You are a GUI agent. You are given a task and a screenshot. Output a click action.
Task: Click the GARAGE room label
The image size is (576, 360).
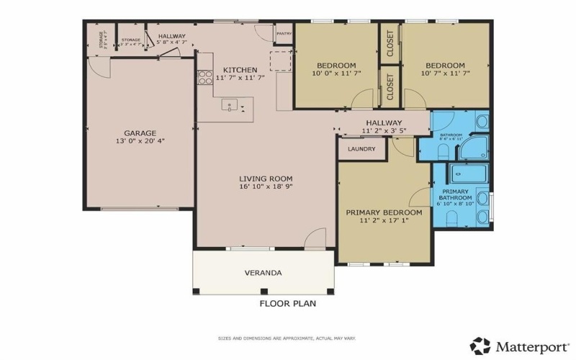(x=140, y=133)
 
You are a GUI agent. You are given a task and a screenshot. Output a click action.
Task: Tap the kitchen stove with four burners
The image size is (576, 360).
(x=204, y=78)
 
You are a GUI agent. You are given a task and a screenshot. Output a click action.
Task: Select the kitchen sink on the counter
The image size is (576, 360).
(x=230, y=107)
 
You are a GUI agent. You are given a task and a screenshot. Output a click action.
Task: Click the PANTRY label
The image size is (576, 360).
(x=284, y=33)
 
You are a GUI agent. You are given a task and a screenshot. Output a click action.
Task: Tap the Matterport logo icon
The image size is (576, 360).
(x=480, y=346)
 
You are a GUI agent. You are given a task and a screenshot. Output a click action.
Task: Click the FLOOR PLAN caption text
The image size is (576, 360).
(x=288, y=304)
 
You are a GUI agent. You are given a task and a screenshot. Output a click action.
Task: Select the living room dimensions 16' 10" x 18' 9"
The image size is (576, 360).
(x=266, y=186)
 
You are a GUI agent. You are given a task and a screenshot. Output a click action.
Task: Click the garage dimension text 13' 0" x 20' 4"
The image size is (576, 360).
(x=140, y=142)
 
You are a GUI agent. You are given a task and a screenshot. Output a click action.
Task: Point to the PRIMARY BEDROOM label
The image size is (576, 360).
(x=384, y=212)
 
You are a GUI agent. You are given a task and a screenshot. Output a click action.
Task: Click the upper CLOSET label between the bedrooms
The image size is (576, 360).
(x=390, y=44)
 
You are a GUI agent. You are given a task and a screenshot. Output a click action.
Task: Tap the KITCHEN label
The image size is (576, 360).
(x=240, y=69)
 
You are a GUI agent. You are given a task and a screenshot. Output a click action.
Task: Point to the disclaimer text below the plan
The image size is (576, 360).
(x=288, y=338)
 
